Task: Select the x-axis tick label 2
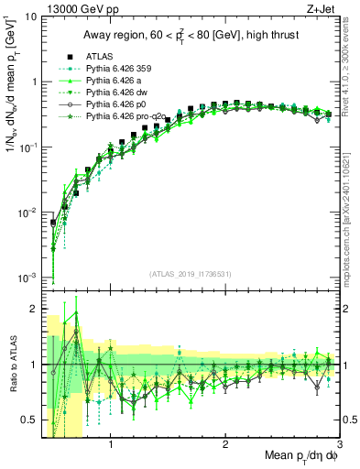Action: coord(225,441)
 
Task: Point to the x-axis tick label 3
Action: coord(340,441)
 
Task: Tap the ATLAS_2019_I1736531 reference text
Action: coord(189,275)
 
